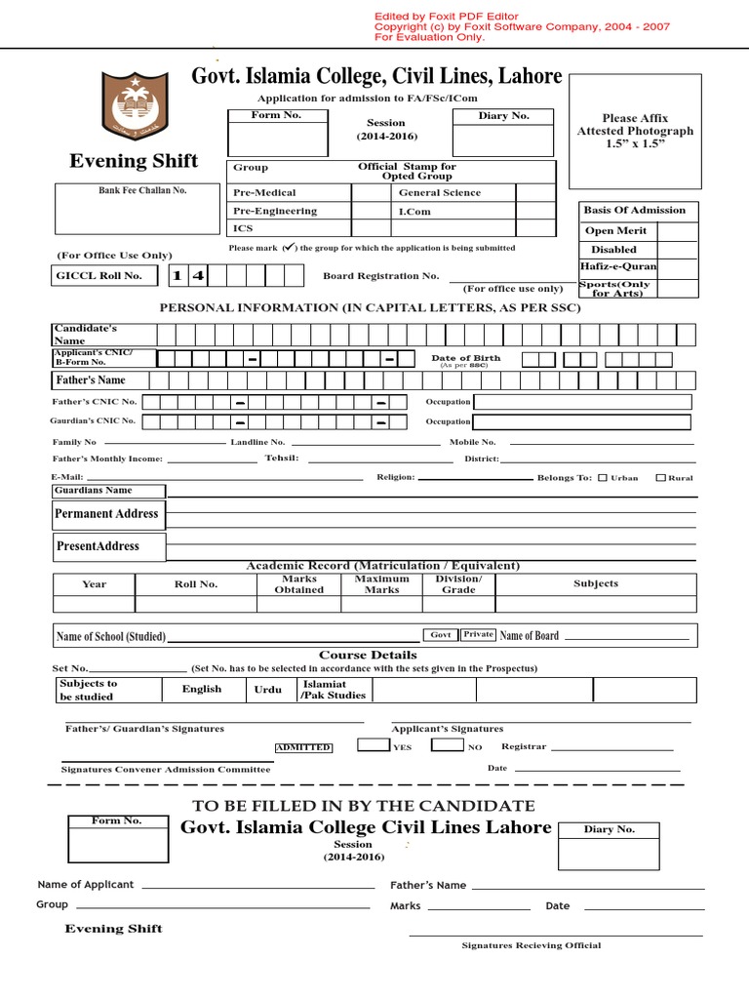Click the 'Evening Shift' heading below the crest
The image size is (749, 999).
134,161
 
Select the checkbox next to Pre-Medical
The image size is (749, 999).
371,193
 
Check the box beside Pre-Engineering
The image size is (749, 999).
371,211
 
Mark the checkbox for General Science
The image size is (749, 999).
535,193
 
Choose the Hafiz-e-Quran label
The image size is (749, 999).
618,266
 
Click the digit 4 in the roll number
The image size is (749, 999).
198,276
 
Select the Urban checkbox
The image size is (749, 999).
603,478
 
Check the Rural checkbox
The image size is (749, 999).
661,478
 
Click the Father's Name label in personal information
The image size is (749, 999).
90,380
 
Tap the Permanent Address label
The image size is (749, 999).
106,513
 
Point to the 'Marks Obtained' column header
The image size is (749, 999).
298,584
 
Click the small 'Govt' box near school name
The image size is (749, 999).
441,634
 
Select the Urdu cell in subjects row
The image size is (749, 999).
268,690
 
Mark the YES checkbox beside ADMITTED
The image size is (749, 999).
372,745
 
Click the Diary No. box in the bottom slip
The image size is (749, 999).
609,844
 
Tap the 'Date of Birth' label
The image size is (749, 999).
465,358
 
